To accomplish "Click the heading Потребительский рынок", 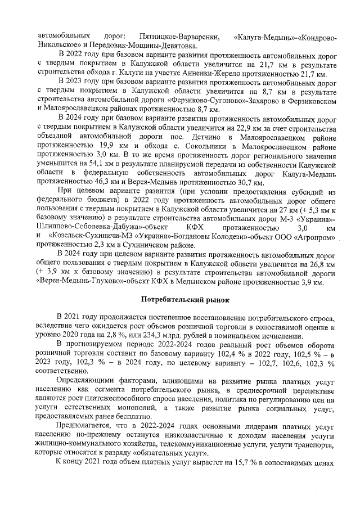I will pyautogui.click(x=179, y=299).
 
